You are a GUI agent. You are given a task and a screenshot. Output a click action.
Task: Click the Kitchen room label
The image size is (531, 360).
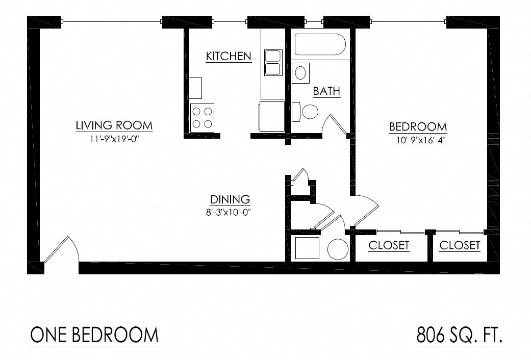[229, 56]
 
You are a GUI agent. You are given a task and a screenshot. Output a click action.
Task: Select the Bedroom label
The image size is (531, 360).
[418, 126]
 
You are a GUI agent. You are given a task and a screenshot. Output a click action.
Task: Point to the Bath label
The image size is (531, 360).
[326, 91]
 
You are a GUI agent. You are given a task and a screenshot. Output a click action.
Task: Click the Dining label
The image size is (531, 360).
[230, 199]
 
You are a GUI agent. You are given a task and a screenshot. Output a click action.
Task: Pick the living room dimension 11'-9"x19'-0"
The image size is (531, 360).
[114, 139]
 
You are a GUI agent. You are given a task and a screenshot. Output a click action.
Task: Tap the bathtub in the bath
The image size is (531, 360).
[320, 45]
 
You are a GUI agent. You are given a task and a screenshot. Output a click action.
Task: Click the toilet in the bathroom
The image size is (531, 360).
[307, 112]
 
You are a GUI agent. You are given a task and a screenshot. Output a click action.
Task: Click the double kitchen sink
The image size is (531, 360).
[273, 63]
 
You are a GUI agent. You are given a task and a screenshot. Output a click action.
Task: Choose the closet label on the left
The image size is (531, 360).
[389, 245]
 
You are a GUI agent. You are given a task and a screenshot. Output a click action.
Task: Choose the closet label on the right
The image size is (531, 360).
[460, 245]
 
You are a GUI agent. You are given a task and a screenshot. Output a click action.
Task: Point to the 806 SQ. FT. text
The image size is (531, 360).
[460, 336]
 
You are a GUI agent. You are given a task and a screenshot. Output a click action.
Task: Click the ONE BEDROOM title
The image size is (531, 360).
[94, 335]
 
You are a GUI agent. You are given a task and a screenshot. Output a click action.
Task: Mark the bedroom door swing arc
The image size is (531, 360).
[366, 209]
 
